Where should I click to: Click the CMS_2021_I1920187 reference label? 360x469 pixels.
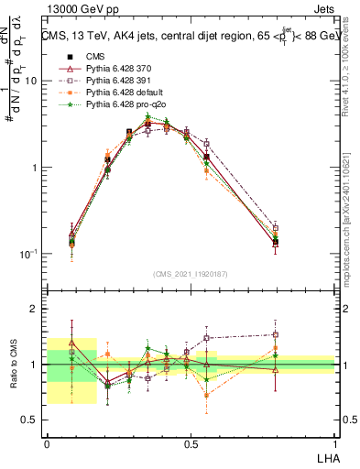click(x=190, y=274)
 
